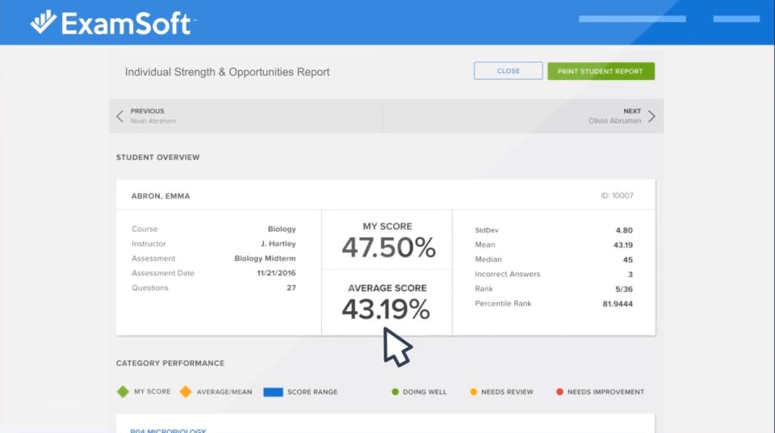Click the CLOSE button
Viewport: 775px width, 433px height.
508,71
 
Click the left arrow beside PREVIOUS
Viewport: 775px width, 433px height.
120,116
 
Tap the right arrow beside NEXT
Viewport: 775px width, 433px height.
651,116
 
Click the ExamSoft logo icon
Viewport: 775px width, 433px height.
43,22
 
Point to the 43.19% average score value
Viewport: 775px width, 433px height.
386,309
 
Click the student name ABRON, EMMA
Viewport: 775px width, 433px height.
161,196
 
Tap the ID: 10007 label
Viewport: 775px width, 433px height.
618,196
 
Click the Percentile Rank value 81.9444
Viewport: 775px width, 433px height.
618,304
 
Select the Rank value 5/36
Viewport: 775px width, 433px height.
622,289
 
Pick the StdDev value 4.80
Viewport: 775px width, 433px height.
624,230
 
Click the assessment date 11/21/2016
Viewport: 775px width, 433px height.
276,273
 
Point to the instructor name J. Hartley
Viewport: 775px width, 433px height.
278,244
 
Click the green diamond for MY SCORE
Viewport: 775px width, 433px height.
123,392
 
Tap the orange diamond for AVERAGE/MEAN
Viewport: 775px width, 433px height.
186,392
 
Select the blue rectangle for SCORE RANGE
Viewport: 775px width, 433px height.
273,392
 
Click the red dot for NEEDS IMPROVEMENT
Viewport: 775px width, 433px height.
559,392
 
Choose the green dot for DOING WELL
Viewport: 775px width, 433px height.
395,392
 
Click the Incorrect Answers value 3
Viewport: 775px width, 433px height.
630,275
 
